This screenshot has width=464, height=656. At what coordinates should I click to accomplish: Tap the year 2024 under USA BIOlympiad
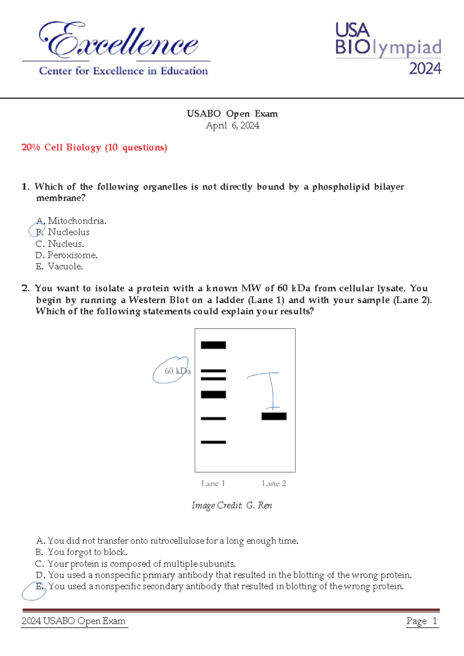point(425,69)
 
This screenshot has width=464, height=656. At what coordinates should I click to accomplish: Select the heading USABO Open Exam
point(232,114)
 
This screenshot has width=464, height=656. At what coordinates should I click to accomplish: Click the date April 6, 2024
point(232,126)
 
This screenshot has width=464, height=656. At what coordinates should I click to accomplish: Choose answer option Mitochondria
point(77,221)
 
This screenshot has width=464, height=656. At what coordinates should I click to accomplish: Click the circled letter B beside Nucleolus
point(38,231)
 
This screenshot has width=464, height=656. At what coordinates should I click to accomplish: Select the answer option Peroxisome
point(72,255)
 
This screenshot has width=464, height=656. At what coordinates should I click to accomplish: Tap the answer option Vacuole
point(65,266)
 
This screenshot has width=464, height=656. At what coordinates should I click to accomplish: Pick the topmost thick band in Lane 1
point(213,345)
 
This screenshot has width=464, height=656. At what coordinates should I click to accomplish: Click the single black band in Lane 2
point(274,416)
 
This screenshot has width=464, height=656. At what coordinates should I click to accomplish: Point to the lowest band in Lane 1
point(213,442)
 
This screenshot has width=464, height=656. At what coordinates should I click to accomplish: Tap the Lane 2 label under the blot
point(274,483)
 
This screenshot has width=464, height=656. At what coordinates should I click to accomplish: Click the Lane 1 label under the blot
point(213,483)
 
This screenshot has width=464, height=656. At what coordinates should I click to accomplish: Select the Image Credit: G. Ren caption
point(232,506)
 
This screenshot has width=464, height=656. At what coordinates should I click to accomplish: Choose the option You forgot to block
point(87,552)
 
